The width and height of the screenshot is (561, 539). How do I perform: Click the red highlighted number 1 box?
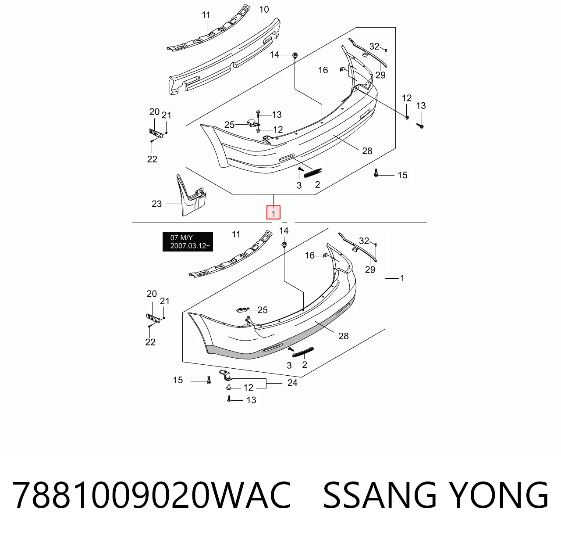[x=273, y=212]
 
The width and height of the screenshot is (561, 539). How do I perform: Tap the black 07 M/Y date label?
[x=188, y=242]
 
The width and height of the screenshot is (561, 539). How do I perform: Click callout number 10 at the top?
[x=264, y=10]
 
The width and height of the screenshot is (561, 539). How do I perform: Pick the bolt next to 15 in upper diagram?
[x=376, y=172]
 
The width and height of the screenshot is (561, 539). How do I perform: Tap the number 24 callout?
[x=292, y=383]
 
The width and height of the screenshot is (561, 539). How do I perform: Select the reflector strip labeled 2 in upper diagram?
[x=313, y=173]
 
